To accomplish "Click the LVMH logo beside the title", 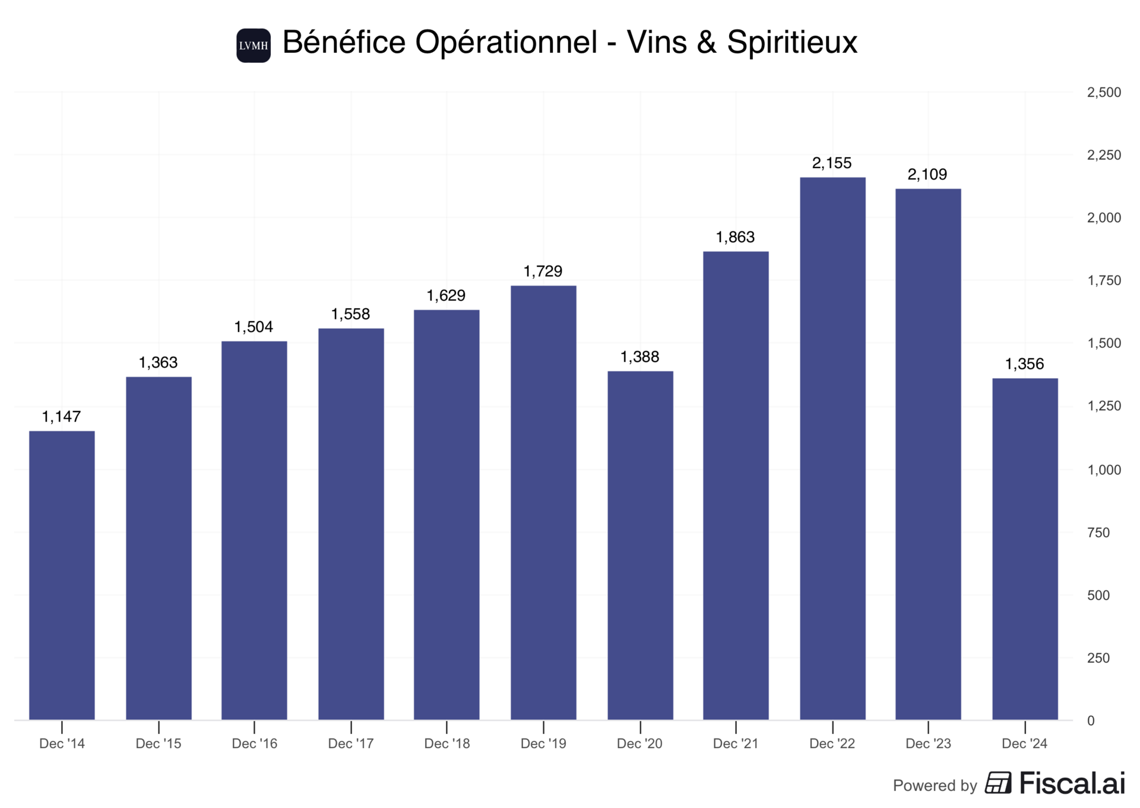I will [254, 45].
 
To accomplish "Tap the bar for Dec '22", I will [832, 448].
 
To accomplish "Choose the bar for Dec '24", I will [1024, 549].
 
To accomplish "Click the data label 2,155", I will [831, 163].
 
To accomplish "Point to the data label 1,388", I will [639, 357].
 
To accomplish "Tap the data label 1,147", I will [61, 417].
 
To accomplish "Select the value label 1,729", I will [543, 271].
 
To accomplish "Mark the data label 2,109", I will [927, 175].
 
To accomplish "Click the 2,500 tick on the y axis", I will [1103, 92].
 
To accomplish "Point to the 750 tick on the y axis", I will [1098, 533].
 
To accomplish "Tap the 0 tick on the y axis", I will [1090, 721].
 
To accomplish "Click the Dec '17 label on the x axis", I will [350, 743].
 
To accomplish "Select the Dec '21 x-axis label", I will [735, 743].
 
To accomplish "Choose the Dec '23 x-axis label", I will [927, 743].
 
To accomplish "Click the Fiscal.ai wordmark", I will [1072, 784].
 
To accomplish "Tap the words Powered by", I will [935, 785].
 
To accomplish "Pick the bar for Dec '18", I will [446, 514].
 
